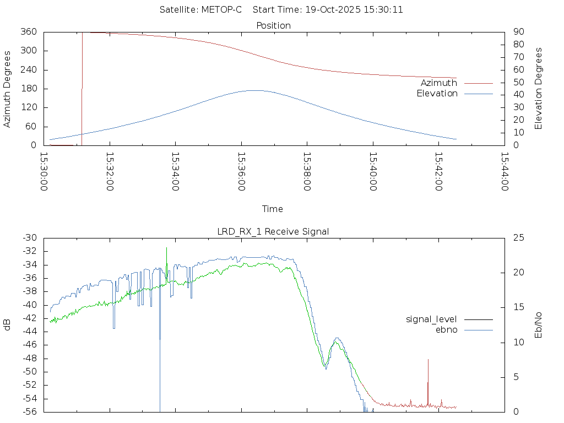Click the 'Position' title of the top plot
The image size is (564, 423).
pos(274,25)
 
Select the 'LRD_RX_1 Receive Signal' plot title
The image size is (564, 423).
pos(273,231)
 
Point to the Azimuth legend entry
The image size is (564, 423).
pos(439,83)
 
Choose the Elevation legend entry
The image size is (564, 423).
pos(437,94)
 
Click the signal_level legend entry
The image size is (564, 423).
pos(431,319)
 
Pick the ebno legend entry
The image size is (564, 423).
pos(446,329)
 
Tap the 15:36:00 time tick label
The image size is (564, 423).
pos(241,171)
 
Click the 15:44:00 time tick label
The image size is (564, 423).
pos(505,171)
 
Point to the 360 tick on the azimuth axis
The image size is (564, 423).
pos(28,32)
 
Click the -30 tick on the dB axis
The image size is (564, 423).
pos(29,238)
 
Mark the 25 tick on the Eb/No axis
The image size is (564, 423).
pos(518,238)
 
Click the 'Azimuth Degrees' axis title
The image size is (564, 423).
pos(8,89)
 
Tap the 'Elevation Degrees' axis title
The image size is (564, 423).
pos(539,89)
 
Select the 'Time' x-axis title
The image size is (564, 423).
pos(273,209)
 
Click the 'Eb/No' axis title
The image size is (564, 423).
pos(539,325)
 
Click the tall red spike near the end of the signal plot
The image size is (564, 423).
pos(428,360)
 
